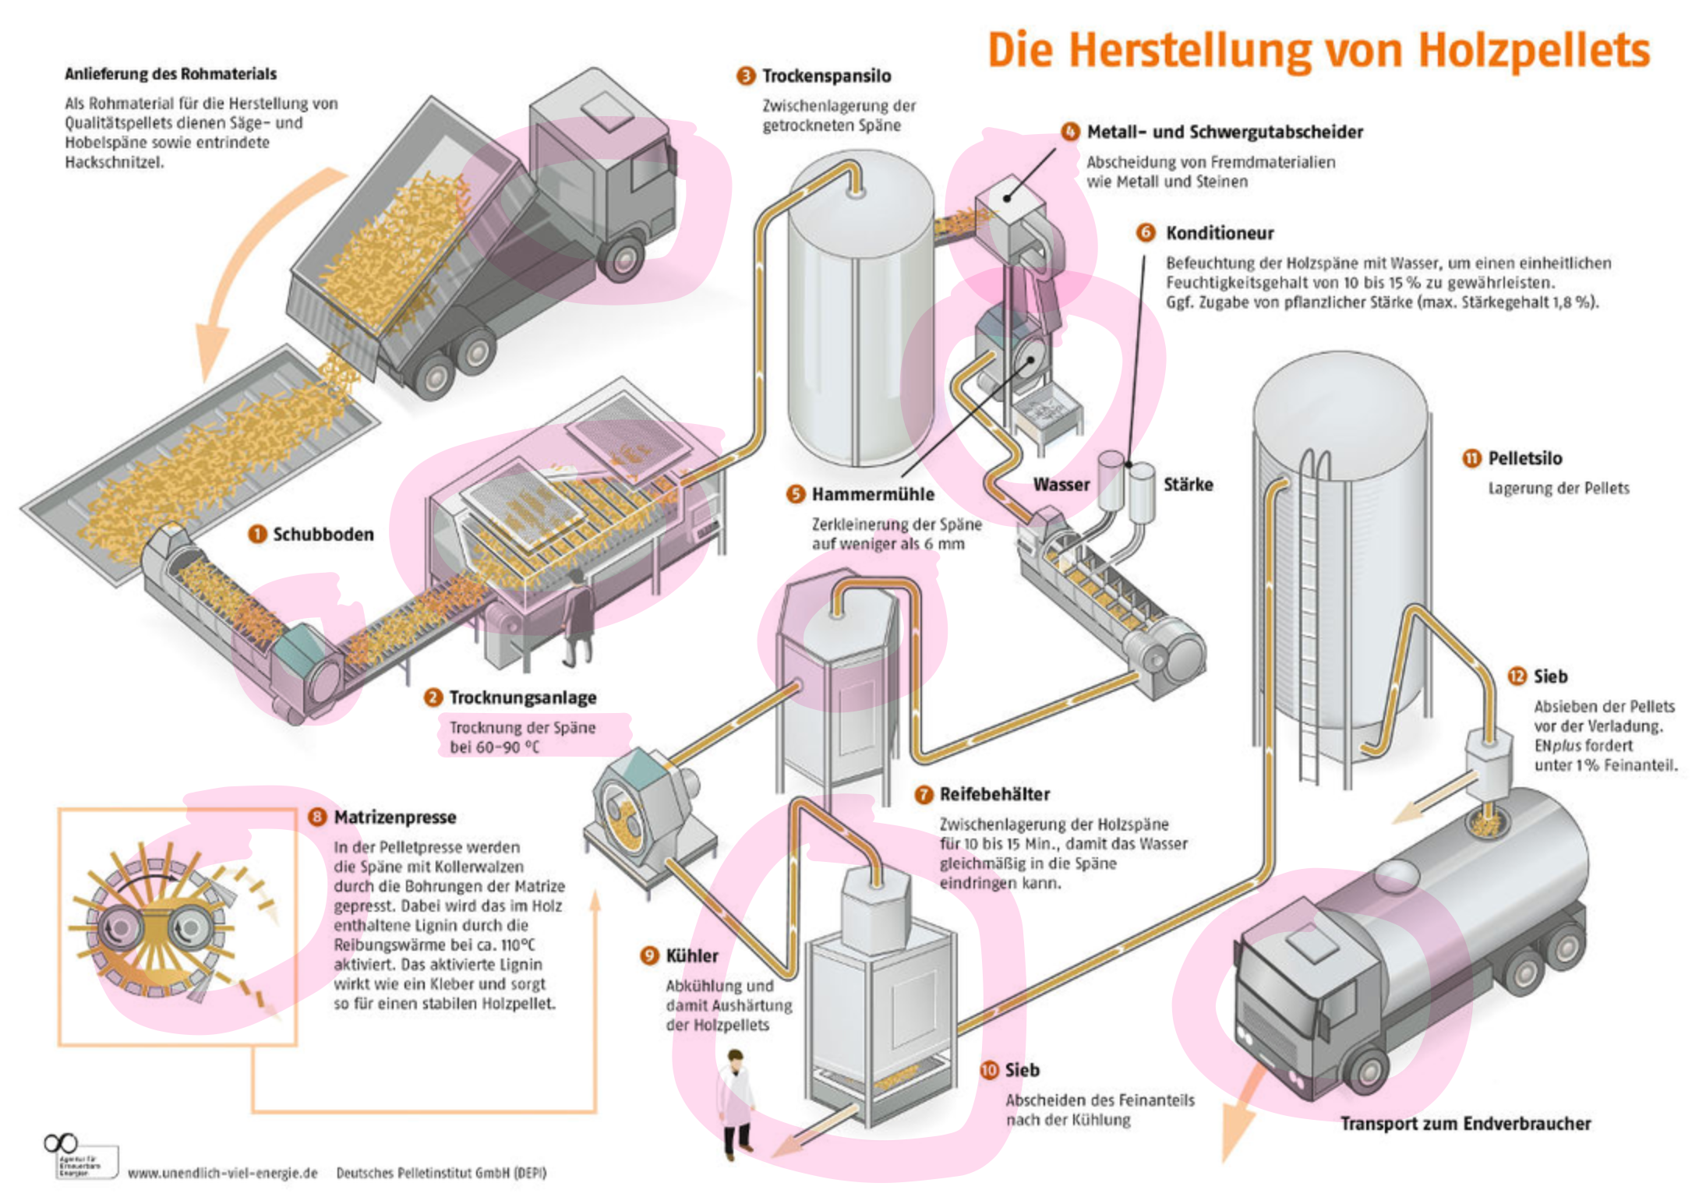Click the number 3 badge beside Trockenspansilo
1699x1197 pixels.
point(746,76)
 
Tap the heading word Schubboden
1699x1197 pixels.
point(323,535)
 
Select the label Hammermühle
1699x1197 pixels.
point(873,494)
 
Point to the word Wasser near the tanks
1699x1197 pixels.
point(1061,485)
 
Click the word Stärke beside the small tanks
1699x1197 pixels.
point(1188,485)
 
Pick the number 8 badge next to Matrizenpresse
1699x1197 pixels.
point(317,817)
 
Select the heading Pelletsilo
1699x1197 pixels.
point(1524,458)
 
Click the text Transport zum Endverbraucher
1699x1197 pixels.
point(1465,1124)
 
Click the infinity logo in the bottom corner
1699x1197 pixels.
point(61,1143)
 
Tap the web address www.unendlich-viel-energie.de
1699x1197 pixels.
point(223,1173)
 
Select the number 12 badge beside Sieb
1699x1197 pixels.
point(1517,676)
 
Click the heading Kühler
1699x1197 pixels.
point(691,955)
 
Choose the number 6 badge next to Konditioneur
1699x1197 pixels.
point(1146,232)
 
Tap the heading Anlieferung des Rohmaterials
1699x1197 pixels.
point(170,74)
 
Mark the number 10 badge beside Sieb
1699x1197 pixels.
point(989,1070)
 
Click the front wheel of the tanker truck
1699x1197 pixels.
point(1369,1072)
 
